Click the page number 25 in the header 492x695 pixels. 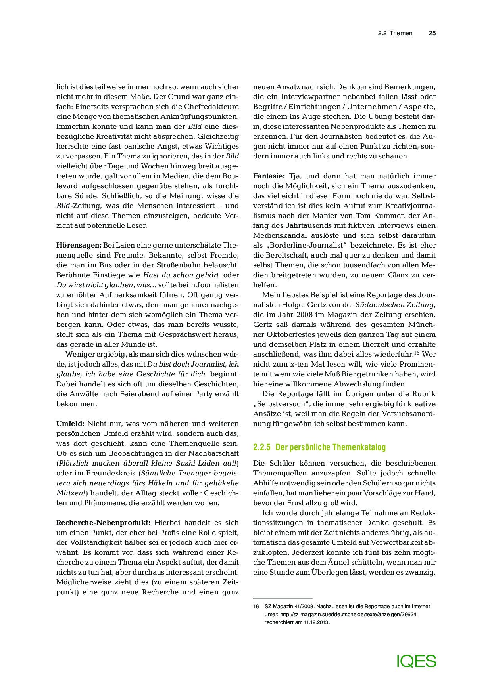click(x=432, y=33)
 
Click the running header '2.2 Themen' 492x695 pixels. click(x=395, y=33)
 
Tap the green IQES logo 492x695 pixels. click(x=416, y=661)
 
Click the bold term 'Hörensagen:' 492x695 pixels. click(x=79, y=245)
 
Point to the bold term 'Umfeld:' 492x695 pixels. click(x=70, y=424)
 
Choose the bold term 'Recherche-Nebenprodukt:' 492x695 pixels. click(x=103, y=523)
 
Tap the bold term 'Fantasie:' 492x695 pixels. click(x=269, y=176)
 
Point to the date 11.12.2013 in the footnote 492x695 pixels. click(x=317, y=622)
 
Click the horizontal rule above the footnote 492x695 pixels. click(x=283, y=598)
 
